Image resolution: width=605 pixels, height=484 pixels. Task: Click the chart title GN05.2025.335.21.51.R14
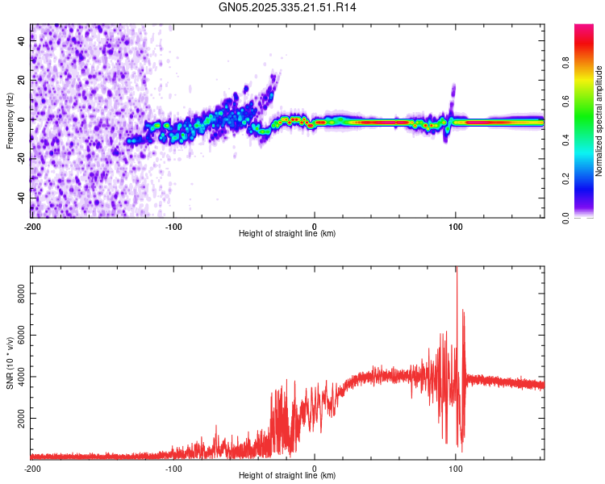[288, 7]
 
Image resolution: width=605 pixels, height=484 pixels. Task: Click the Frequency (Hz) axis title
[10, 120]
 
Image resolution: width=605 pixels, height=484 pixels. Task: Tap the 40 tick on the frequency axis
[22, 41]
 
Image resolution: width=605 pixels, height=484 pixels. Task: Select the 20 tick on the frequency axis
[22, 81]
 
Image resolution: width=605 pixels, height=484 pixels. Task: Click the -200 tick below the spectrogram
[32, 225]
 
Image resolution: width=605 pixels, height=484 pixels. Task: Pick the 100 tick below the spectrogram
[456, 225]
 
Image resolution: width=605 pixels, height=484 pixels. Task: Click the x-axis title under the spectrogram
[287, 234]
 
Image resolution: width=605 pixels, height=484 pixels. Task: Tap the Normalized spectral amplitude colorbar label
[599, 120]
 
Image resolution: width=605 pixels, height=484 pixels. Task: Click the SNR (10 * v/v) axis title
[10, 362]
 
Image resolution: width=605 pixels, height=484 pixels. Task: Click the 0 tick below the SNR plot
[315, 467]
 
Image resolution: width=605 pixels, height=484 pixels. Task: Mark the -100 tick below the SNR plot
[173, 467]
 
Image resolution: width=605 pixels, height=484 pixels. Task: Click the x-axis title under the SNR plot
[287, 476]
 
